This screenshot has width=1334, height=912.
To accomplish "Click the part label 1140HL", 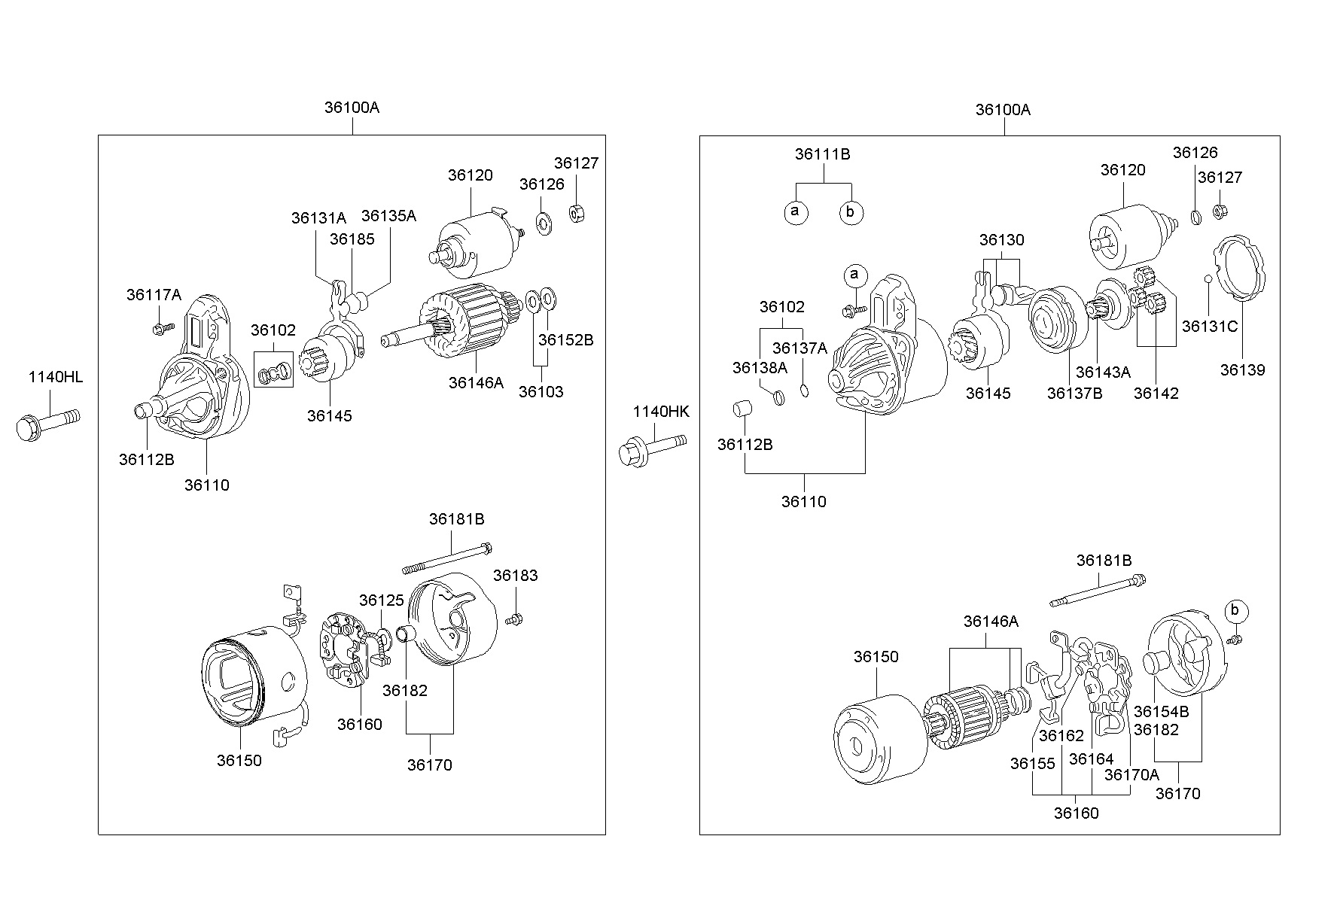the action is [56, 377].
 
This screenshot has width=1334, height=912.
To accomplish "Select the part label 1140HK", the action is [661, 412].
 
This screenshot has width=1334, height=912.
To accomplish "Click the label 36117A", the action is [154, 295].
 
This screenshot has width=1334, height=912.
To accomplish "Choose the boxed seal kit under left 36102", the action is [274, 369].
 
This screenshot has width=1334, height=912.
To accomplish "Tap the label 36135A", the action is [388, 216].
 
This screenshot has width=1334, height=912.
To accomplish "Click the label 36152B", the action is [566, 340].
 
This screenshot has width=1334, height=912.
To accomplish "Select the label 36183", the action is [516, 576].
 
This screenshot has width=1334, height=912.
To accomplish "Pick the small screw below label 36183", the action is [515, 619].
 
